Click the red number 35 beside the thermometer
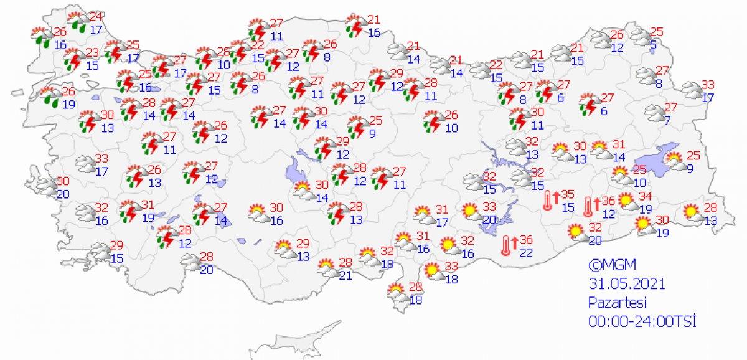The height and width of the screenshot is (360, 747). tap(568, 195)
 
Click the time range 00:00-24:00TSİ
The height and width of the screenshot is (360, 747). tap(642, 321)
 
